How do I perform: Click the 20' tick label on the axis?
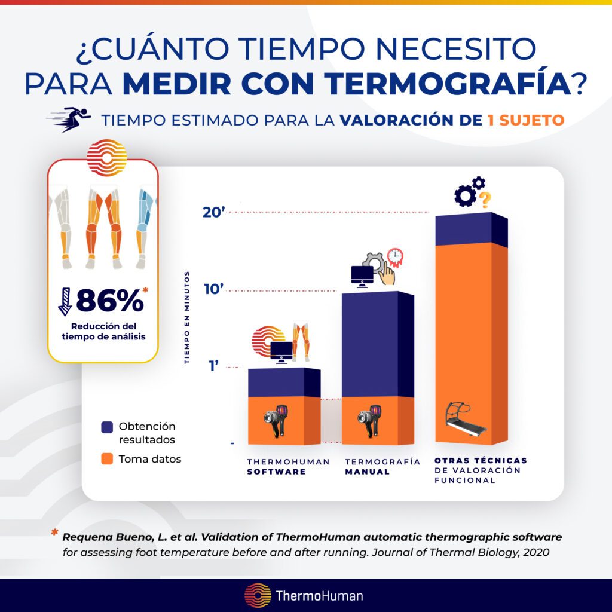click(213, 212)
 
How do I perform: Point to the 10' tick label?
click(213, 290)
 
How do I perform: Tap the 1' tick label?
click(215, 366)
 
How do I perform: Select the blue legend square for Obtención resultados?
click(107, 427)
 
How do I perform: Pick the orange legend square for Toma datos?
click(107, 459)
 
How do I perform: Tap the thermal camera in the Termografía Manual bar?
click(369, 423)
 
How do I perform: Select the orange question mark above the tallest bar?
click(486, 198)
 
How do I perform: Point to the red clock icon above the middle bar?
click(395, 256)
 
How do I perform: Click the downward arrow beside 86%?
click(65, 301)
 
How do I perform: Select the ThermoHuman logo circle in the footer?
click(258, 595)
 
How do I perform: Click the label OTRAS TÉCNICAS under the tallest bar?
click(481, 461)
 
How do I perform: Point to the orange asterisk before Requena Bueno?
click(55, 534)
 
